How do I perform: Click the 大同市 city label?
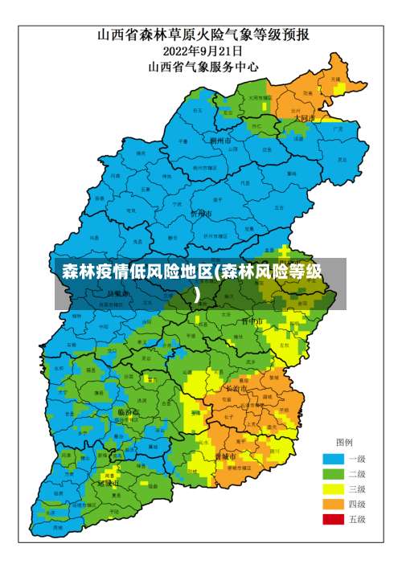point(305,117)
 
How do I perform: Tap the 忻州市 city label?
point(201,215)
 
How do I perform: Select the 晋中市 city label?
point(252,321)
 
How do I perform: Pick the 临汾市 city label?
point(128,411)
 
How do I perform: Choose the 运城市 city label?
point(109,484)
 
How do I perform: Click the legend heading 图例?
point(345,443)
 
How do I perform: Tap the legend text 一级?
point(356,459)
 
